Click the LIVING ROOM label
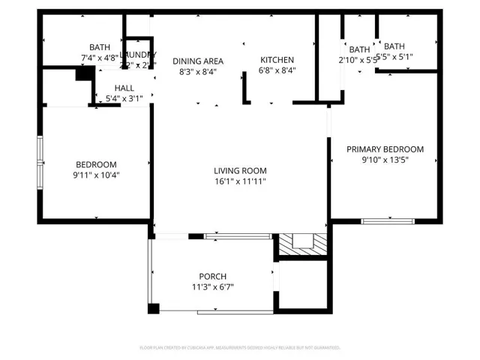point(240,170)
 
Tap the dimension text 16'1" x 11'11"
point(240,181)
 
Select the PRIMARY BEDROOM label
point(385,149)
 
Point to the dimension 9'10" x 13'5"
point(385,160)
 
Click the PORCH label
point(212,277)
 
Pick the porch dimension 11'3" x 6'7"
point(212,287)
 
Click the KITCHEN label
point(277,60)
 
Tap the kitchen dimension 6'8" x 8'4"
point(277,70)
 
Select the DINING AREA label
point(198,61)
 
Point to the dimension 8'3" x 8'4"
point(198,71)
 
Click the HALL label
point(124,88)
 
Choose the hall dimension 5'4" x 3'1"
point(124,97)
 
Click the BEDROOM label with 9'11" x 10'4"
point(96,165)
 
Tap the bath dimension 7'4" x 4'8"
point(100,57)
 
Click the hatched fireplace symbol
point(303,244)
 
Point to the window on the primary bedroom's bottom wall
point(388,220)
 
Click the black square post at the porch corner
point(154,308)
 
